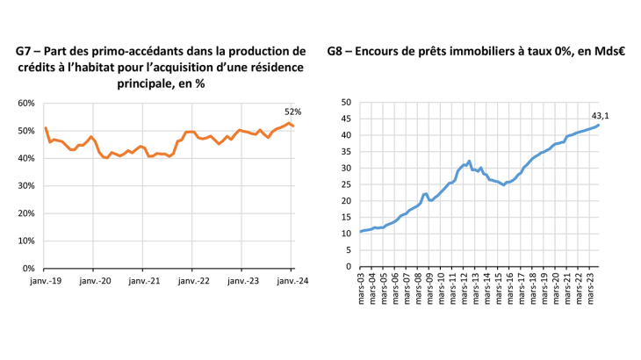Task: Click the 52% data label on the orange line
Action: [292, 112]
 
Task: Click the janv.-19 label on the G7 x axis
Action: [44, 281]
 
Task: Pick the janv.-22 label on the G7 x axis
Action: [193, 281]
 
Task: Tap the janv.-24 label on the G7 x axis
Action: [292, 281]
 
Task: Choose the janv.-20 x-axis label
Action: [94, 281]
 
